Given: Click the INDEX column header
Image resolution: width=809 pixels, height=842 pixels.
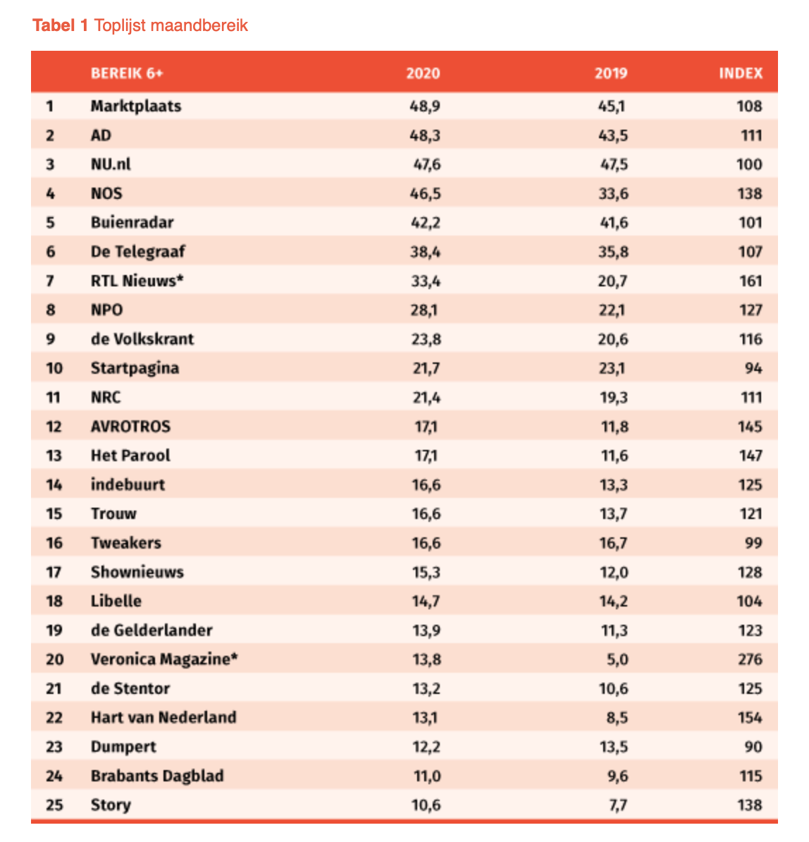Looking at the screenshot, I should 740,73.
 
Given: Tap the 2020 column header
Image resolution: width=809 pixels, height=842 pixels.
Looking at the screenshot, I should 423,73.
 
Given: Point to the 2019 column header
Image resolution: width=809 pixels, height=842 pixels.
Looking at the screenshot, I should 610,73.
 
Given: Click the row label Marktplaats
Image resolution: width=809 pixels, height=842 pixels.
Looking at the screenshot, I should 136,106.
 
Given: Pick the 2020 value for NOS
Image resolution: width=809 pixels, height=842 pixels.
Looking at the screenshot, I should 426,194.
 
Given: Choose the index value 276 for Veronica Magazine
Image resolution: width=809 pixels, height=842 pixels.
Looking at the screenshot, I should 750,659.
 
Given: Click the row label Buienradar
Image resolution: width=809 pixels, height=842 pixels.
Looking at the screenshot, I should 132,223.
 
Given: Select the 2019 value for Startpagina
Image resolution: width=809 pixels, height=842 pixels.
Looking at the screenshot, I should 613,368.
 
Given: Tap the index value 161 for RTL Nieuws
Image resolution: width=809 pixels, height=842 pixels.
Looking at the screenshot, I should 751,281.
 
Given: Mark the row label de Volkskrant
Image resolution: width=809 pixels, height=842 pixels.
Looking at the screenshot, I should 142,339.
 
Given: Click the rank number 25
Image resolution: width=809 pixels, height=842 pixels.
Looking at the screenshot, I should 54,805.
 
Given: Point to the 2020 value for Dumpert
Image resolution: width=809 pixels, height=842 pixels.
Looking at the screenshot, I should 426,747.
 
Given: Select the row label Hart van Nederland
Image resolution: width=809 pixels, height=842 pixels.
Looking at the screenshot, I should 163,718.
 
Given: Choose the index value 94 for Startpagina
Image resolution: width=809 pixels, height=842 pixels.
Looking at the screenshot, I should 753,368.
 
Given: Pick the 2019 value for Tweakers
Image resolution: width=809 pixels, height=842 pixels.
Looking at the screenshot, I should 613,543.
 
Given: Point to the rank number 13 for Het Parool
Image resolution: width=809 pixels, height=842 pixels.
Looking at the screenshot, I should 54,456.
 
